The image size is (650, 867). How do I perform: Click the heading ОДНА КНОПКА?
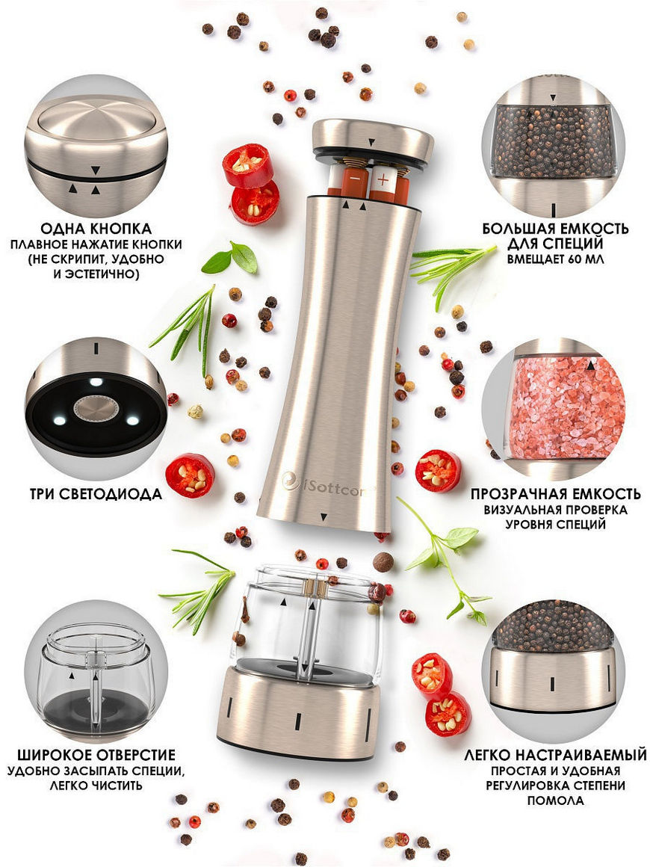click(x=96, y=229)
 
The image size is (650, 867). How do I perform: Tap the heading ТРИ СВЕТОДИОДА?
click(x=96, y=493)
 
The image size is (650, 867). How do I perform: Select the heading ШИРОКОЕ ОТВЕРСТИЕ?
click(x=96, y=755)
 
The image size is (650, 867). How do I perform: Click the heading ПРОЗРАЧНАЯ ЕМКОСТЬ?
click(x=555, y=494)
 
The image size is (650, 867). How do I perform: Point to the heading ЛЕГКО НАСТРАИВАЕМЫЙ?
click(x=555, y=754)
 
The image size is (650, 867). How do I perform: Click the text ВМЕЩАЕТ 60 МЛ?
click(x=555, y=259)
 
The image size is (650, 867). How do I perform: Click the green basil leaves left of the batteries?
click(x=230, y=259)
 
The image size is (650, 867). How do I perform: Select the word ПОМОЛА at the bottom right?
click(x=555, y=800)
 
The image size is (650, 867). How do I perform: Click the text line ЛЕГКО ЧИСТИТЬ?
click(x=96, y=786)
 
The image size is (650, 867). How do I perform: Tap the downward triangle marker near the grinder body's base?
click(x=324, y=517)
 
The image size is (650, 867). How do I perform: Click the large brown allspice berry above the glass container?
click(x=383, y=562)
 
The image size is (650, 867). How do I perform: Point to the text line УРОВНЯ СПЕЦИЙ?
click(x=555, y=524)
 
